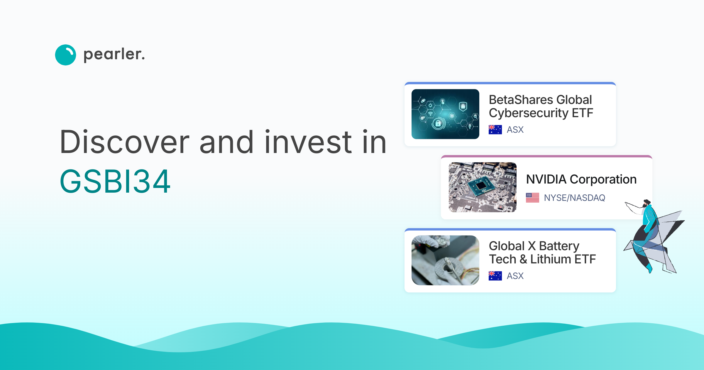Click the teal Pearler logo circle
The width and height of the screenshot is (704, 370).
[x=65, y=55]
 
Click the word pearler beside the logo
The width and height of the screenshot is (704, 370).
[x=114, y=55]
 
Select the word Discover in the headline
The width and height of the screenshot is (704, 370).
[x=124, y=142]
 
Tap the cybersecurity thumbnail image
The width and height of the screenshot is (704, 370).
[x=445, y=114]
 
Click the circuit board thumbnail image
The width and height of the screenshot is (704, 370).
[x=483, y=187]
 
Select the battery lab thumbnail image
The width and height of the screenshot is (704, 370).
[x=445, y=260]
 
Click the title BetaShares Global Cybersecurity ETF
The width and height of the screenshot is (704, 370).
[x=541, y=106]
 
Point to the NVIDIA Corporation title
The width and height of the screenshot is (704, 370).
[x=581, y=179]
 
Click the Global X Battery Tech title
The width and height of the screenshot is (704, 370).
[x=542, y=253]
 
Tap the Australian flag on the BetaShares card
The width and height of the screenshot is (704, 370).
[x=495, y=129]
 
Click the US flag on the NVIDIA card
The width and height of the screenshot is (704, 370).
[x=532, y=198]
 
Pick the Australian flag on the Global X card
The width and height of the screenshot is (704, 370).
[x=495, y=276]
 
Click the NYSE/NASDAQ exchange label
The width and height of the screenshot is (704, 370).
[x=574, y=198]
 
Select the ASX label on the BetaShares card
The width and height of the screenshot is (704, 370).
[x=515, y=129]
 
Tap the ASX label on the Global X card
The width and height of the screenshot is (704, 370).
[x=515, y=276]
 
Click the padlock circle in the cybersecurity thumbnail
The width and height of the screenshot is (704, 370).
[x=438, y=124]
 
